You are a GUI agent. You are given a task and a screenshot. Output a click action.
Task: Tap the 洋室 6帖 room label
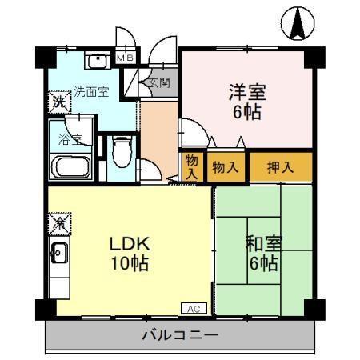pyautogui.click(x=246, y=99)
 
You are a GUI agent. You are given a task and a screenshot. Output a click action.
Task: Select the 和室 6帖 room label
pyautogui.click(x=262, y=251)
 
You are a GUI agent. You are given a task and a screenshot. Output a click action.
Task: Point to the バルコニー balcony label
pyautogui.click(x=180, y=335)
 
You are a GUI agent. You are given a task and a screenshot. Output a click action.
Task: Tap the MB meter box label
pyautogui.click(x=126, y=58)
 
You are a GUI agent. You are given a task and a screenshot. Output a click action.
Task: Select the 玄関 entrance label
pyautogui.click(x=157, y=82)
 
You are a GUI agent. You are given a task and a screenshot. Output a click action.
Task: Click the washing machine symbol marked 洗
pyautogui.click(x=58, y=102)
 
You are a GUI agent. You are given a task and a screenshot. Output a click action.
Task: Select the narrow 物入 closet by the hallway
pyautogui.click(x=192, y=166)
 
